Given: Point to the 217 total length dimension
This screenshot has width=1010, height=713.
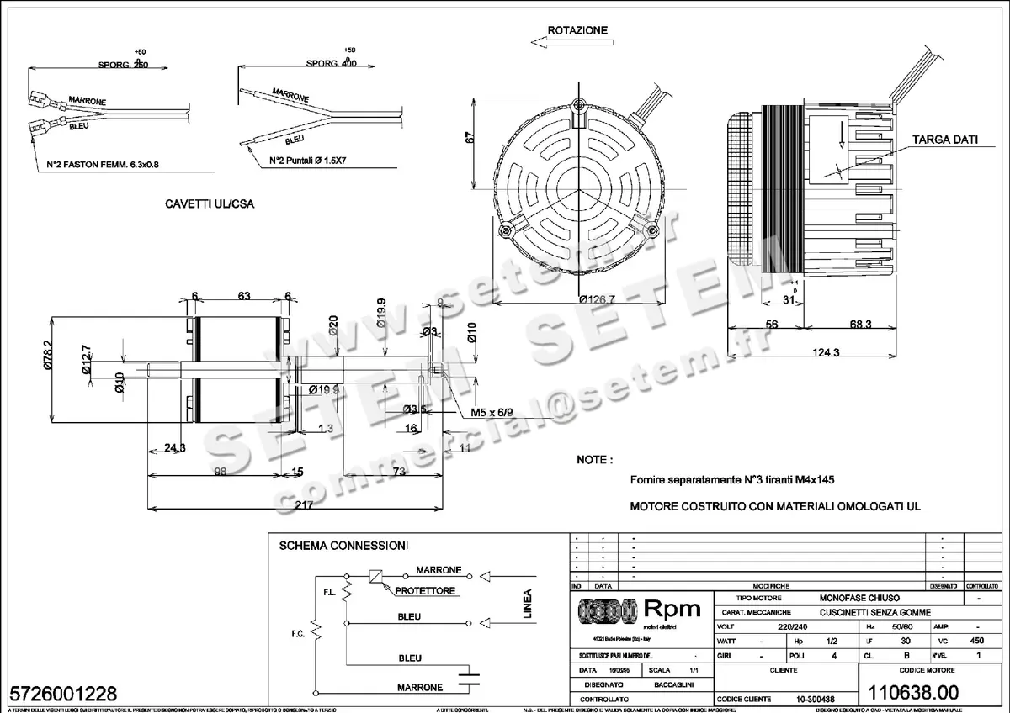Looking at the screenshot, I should click(305, 506).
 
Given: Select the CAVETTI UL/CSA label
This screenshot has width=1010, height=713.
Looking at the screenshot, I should click(210, 204).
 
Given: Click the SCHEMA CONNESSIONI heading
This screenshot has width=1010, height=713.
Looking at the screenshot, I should click(343, 546).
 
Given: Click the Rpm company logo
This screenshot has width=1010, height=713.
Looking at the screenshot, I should click(637, 610).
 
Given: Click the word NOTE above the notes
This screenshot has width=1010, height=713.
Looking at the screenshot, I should click(594, 461).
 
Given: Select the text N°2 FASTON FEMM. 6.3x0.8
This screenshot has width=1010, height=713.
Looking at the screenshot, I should click(103, 165).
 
